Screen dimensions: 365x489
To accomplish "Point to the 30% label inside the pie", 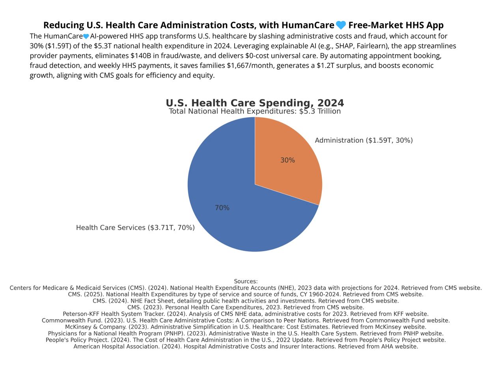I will pos(287,160).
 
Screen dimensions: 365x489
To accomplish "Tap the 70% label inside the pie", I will pos(222,208).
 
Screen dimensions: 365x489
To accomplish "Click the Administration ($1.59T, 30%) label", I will pos(364,140).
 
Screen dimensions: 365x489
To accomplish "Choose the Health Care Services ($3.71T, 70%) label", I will pos(135,228).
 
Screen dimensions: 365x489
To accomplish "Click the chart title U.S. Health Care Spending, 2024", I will pos(255,103).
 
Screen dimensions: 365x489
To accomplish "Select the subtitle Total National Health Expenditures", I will pos(255,111).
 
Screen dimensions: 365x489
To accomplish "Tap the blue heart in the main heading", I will pos(341,25).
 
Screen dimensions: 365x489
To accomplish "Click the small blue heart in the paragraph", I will pos(86,36).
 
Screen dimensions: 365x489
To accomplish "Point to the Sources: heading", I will pos(246,281).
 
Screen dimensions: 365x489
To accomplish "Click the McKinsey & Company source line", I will pos(246,327).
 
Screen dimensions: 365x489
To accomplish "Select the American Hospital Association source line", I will pos(246,346).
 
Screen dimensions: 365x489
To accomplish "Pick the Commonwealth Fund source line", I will pos(246,320).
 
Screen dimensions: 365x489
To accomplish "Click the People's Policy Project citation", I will pos(246,340).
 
